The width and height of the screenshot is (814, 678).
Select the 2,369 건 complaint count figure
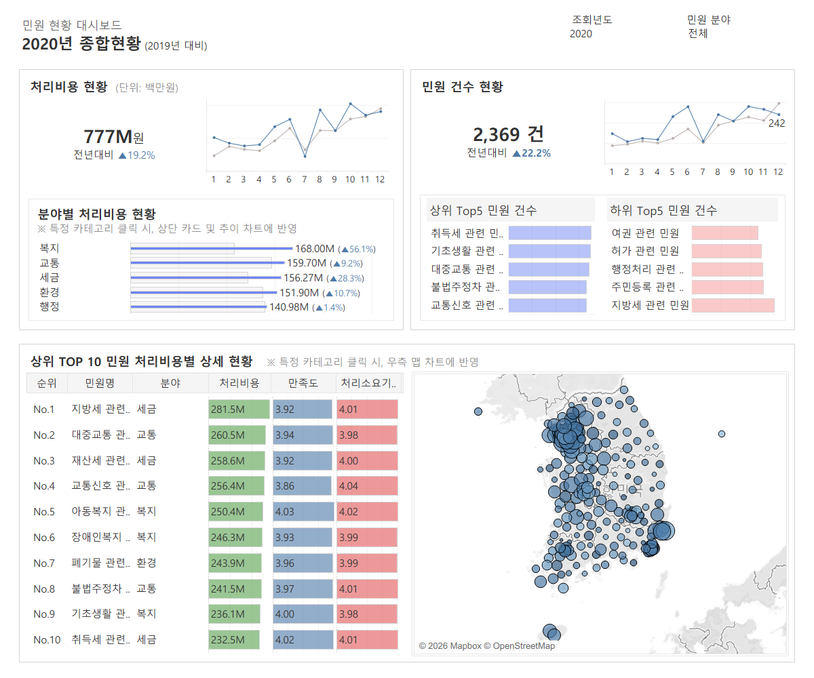508,134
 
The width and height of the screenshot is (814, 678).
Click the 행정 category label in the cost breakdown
50,306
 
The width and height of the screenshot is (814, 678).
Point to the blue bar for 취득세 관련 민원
549,233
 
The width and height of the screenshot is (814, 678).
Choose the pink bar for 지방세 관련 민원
733,305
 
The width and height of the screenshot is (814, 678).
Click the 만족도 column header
303,383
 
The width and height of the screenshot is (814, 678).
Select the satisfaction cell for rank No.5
303,511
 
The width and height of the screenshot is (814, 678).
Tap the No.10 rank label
46,639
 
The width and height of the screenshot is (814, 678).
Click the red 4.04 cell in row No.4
367,486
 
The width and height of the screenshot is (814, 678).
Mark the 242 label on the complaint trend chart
777,123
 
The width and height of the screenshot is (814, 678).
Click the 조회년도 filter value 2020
581,34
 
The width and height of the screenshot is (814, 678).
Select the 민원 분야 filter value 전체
698,34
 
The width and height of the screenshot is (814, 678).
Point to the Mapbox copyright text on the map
486,646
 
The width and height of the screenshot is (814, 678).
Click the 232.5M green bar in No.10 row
233,639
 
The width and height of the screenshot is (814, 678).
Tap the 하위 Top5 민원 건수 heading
663,210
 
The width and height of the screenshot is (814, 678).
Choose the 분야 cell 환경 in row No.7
147,563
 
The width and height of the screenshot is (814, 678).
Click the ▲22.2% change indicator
531,153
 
